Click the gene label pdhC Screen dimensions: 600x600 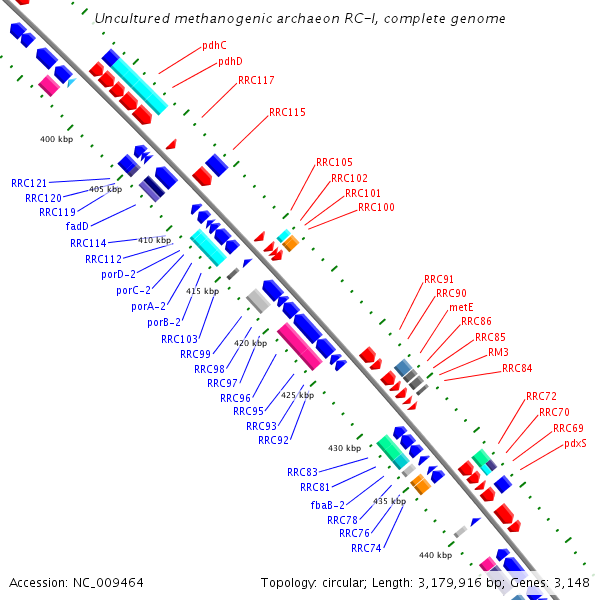pyautogui.click(x=214, y=45)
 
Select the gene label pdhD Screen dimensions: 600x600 pyautogui.click(x=230, y=62)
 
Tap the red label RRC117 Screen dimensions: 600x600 pyautogui.click(x=256, y=80)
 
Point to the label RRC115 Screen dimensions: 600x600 pyautogui.click(x=287, y=113)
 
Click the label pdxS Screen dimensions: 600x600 pyautogui.click(x=575, y=443)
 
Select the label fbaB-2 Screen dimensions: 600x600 pyautogui.click(x=327, y=505)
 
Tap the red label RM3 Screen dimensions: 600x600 pyautogui.click(x=498, y=353)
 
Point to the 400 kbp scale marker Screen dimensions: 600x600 pyautogui.click(x=56, y=139)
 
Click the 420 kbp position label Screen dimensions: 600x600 pyautogui.click(x=250, y=343)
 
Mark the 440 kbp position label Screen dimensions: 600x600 pyautogui.click(x=435, y=555)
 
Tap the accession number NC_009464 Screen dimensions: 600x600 pyautogui.click(x=106, y=582)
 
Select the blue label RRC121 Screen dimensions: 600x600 pyautogui.click(x=30, y=183)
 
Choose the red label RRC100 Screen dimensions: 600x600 pyautogui.click(x=376, y=208)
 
